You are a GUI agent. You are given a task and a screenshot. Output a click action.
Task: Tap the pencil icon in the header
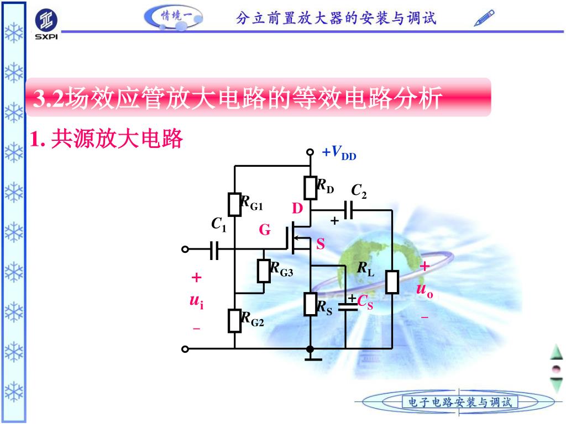(485, 18)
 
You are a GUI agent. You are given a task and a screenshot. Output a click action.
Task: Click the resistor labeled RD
(310, 186)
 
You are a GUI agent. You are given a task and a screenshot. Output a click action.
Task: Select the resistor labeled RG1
(235, 204)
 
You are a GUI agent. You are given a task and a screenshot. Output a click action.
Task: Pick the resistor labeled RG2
(235, 320)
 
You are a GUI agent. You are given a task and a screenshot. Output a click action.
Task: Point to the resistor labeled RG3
(264, 271)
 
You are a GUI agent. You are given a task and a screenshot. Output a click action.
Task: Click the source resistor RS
(310, 304)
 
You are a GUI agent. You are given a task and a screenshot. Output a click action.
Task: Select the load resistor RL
(392, 281)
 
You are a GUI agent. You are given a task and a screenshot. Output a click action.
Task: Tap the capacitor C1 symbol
(215, 250)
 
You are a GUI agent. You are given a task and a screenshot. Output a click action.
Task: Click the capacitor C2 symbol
(348, 210)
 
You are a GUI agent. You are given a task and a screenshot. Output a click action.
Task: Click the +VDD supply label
(339, 153)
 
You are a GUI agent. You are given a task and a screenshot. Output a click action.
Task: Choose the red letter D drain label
(298, 209)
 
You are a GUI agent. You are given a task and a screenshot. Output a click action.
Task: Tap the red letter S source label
(321, 243)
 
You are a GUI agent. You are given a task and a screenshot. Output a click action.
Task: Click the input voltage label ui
(196, 301)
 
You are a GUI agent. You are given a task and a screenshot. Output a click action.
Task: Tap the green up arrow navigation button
(556, 352)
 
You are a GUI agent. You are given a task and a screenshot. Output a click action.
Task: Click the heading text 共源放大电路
(116, 140)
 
